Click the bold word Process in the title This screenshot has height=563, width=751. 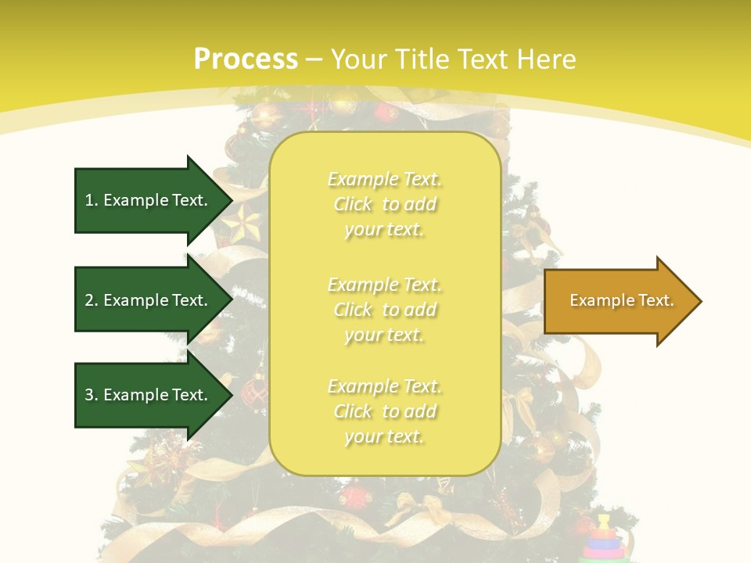tap(246, 59)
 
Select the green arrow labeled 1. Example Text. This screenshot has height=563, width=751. tap(149, 200)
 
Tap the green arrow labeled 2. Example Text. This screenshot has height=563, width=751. tap(149, 300)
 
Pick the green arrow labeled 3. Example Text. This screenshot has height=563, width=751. tap(149, 395)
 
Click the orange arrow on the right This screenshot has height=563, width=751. tap(618, 301)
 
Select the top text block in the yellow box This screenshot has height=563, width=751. tap(384, 204)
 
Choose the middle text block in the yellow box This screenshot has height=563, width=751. tap(384, 310)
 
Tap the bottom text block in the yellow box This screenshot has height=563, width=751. tap(384, 411)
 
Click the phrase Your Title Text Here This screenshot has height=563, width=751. tap(454, 59)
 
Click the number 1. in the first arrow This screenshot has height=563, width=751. tap(92, 200)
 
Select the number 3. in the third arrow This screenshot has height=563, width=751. tap(92, 395)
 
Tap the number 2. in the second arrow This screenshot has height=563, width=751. tap(92, 300)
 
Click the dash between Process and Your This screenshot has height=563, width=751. tap(314, 59)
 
